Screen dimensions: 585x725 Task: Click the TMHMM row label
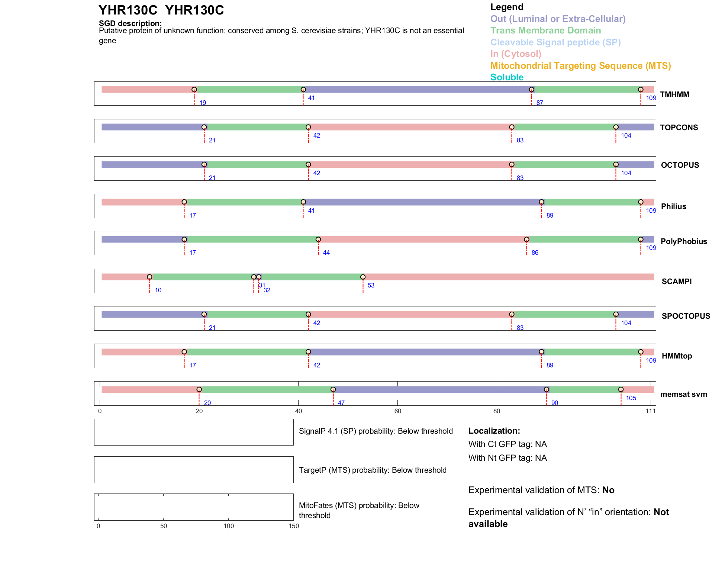(x=674, y=94)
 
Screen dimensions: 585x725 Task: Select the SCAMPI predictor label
(x=676, y=282)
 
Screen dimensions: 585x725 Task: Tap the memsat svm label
(x=683, y=394)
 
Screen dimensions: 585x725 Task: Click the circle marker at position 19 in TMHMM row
(x=194, y=90)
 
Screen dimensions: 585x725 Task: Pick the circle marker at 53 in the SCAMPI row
(x=363, y=277)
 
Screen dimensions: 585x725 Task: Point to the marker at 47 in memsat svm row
(x=333, y=389)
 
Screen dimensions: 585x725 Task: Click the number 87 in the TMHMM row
(x=539, y=103)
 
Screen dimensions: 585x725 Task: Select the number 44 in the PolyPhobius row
(x=326, y=253)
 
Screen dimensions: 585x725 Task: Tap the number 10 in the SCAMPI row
(x=158, y=290)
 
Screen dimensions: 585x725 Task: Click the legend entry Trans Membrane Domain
(x=545, y=30)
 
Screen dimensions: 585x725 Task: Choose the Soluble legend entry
(x=507, y=77)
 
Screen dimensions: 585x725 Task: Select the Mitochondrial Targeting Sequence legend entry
(x=580, y=66)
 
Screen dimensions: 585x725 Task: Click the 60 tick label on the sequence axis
(x=398, y=411)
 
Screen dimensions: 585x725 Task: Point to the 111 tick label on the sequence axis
(x=651, y=411)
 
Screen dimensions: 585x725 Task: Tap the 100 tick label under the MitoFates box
(x=229, y=526)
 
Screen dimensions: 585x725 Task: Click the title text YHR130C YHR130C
(x=161, y=10)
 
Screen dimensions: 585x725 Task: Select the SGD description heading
(x=130, y=23)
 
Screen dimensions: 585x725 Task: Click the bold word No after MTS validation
(x=608, y=490)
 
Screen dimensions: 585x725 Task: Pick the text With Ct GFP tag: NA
(x=507, y=444)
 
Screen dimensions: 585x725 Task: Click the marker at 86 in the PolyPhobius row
(x=526, y=240)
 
